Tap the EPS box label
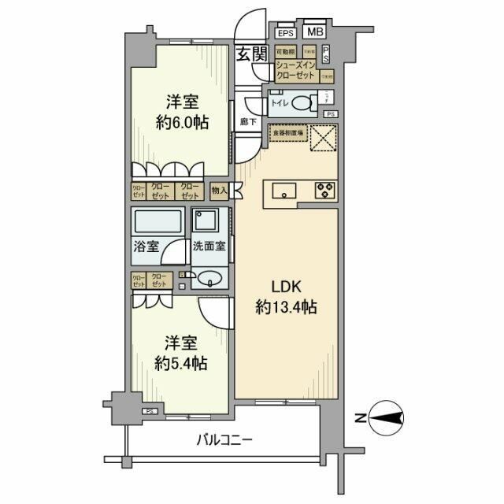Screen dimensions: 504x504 [284, 32]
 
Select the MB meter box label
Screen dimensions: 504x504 [314, 32]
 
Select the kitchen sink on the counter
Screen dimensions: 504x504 [283, 190]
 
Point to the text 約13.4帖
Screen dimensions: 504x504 [287, 308]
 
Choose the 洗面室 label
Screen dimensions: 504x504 [209, 246]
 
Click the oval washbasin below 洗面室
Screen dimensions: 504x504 [209, 277]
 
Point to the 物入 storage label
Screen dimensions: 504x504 [220, 190]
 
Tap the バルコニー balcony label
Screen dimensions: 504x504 [224, 439]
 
